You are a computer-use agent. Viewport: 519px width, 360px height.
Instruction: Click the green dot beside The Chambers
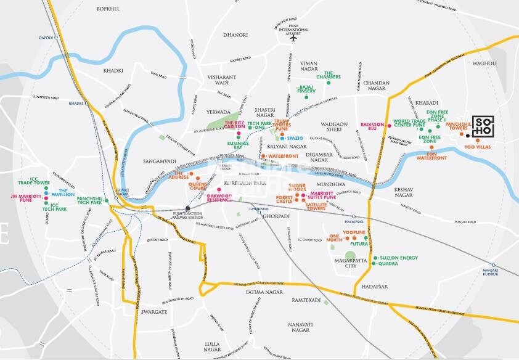pyautogui.click(x=329, y=82)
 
